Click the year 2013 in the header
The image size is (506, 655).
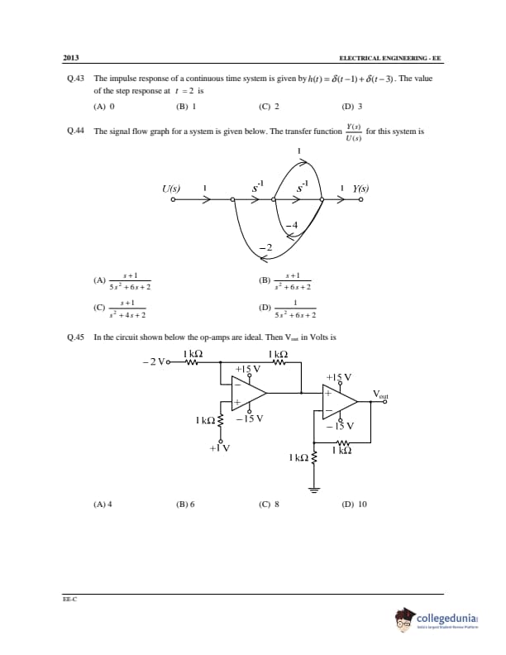[x=70, y=59]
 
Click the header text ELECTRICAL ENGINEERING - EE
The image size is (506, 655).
[x=390, y=59]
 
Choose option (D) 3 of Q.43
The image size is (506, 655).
[x=351, y=107]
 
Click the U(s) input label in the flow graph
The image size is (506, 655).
[x=171, y=189]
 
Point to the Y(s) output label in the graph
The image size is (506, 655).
[x=360, y=189]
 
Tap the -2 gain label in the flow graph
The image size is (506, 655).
[x=265, y=247]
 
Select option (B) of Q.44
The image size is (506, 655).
[x=289, y=281]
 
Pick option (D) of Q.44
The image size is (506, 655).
[x=289, y=310]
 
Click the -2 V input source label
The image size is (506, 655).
[x=154, y=361]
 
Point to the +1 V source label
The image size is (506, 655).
[x=219, y=448]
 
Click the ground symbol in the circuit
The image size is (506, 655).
[x=314, y=489]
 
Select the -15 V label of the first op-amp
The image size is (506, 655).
[x=249, y=418]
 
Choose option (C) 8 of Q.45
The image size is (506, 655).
[x=269, y=504]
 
